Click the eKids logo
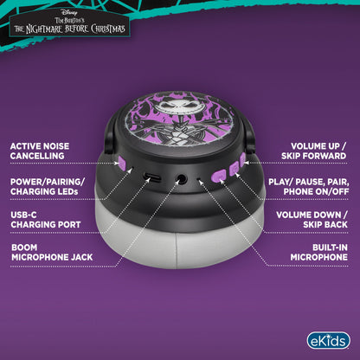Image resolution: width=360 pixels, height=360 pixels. (328, 341)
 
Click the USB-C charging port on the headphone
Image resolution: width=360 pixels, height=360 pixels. (152, 177)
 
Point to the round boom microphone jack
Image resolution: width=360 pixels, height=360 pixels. (181, 179)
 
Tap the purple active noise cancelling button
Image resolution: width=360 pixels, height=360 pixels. (121, 163)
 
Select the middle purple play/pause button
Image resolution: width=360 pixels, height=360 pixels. (235, 169)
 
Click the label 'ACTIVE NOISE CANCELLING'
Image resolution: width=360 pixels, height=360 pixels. (40, 151)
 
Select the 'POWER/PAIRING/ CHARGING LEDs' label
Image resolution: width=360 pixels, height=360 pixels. (48, 187)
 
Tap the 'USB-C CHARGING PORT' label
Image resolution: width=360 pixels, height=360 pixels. (46, 220)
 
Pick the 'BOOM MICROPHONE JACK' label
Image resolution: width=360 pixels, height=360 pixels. (52, 253)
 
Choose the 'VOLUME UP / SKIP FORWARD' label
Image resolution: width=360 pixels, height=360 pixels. (314, 151)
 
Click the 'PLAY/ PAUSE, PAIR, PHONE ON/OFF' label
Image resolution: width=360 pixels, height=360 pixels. (309, 187)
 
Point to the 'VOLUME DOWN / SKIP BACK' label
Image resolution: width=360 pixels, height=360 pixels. (312, 220)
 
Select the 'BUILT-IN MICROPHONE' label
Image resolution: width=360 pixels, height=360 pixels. (319, 253)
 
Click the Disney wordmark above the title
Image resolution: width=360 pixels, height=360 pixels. (69, 12)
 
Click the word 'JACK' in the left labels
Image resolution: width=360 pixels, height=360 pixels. (81, 257)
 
